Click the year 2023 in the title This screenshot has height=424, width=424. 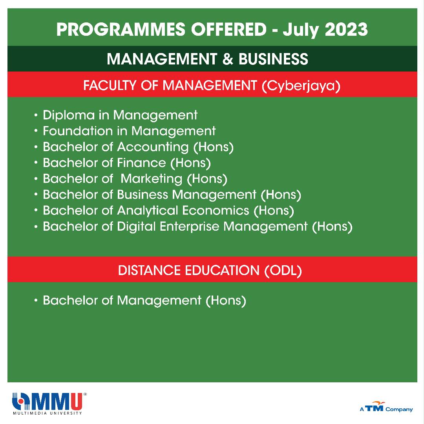point(346,29)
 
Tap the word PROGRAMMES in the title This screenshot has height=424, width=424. point(121,29)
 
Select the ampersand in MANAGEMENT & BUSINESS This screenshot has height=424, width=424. point(228,59)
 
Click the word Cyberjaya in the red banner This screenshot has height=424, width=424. point(301,86)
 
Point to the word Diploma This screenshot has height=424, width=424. point(69,115)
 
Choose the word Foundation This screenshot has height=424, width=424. point(77,131)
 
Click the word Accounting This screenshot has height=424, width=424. point(153,147)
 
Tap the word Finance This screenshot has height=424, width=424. point(141,163)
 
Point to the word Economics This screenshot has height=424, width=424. point(216,211)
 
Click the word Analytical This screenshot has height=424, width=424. point(147,211)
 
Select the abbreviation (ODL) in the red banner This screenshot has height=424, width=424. point(283,271)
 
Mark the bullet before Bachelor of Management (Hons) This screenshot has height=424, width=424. point(36,300)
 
